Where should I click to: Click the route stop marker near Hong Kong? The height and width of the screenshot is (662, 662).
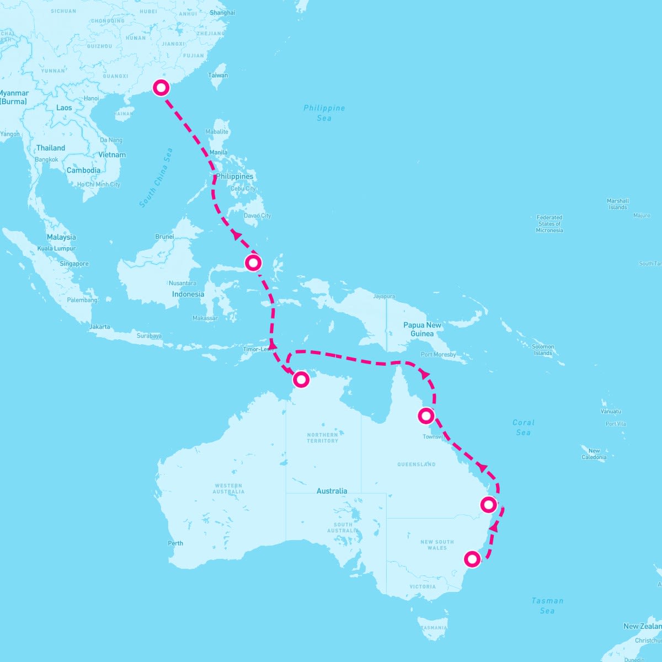pos(161,88)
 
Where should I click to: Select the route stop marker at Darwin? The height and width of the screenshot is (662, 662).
pos(301,379)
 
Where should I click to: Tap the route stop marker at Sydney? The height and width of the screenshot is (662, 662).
pos(472,559)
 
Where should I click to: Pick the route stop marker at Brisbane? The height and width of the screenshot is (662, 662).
pos(488,504)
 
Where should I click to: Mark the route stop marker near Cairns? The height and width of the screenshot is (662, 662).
pos(426,415)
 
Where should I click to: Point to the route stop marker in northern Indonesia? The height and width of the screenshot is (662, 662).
pos(253,263)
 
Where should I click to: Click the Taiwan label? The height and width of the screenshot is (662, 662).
pos(218,75)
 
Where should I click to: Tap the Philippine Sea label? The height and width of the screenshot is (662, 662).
pos(324,113)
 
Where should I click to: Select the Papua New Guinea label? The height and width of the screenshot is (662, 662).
pos(422,329)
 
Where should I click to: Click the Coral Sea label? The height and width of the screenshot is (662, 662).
pos(523,428)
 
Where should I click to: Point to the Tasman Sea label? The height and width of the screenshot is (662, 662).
pos(547,605)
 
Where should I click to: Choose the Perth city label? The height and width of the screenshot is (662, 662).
pos(175,543)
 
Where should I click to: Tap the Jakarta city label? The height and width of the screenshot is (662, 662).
pos(99,327)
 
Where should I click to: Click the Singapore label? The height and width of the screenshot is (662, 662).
pos(74,264)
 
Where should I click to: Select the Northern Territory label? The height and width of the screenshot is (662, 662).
pos(323,437)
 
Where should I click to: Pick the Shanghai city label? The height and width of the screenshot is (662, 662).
pos(222,13)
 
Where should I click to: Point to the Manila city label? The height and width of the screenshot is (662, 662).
pos(218,152)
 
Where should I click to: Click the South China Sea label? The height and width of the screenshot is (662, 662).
pos(156,178)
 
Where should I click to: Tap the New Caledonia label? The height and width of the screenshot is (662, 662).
pos(594,454)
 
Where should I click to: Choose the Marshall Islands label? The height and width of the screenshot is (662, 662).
pos(618,204)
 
